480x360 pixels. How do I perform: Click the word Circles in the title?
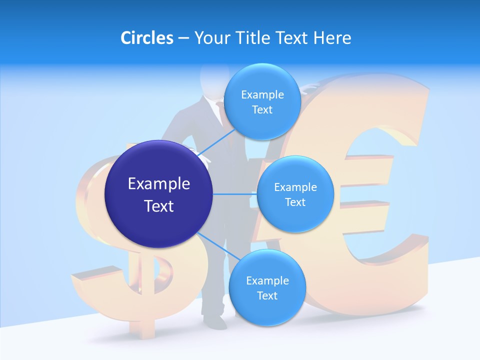point(146,37)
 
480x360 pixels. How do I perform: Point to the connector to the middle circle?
point(234,194)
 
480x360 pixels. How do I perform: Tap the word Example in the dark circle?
point(159,184)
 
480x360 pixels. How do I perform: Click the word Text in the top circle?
point(262,110)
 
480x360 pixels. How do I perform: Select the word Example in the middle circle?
point(295,187)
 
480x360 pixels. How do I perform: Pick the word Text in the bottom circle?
point(267,296)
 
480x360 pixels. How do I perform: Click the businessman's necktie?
point(220,112)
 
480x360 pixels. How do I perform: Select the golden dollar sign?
point(100,280)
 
